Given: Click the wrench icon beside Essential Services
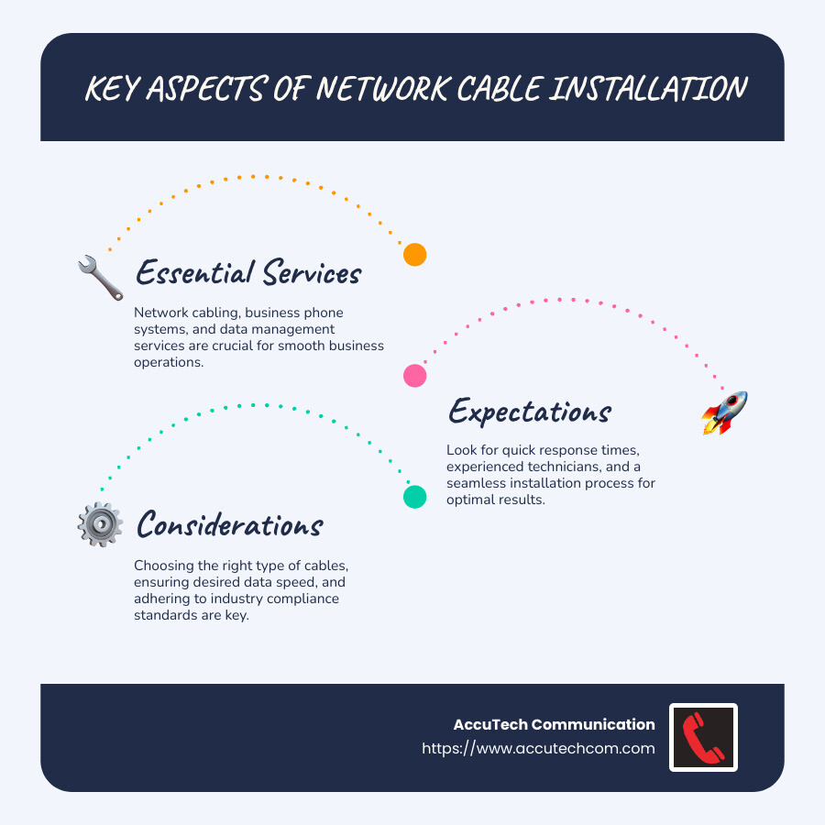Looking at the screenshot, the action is (100, 279).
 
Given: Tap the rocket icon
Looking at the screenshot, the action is (724, 412).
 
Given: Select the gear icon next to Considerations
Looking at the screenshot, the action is (100, 525).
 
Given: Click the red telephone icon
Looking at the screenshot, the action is (703, 737).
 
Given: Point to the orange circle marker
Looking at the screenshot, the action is (415, 255).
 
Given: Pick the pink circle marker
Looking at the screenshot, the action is (415, 375).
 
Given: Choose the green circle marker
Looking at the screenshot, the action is (415, 497).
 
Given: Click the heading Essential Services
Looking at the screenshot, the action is (248, 273).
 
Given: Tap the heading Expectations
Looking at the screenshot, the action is (529, 412).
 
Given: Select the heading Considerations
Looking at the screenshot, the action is (229, 525).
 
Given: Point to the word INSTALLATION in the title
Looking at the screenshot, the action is (651, 89).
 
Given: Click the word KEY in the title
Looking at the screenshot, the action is (115, 89).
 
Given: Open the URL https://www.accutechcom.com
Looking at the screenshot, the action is (538, 748).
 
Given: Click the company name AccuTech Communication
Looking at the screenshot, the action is (554, 724).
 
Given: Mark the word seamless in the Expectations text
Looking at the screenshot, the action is (477, 484).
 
